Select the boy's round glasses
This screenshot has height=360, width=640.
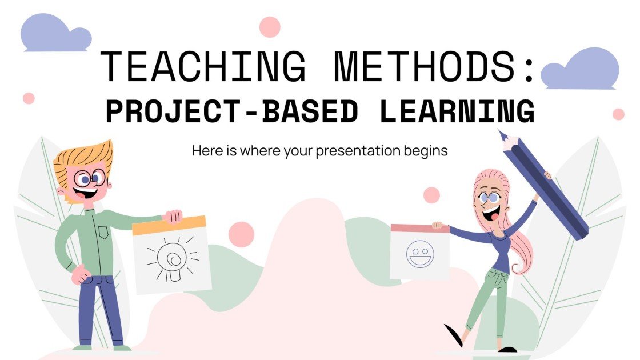pyautogui.click(x=90, y=178)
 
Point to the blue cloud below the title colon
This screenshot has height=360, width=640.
pyautogui.click(x=580, y=70)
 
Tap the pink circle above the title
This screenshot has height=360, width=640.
pyautogui.click(x=270, y=27)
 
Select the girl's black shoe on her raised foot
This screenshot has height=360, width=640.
pyautogui.click(x=454, y=335)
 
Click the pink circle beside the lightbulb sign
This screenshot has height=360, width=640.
pyautogui.click(x=241, y=234)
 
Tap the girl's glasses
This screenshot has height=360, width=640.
pyautogui.click(x=490, y=198)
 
